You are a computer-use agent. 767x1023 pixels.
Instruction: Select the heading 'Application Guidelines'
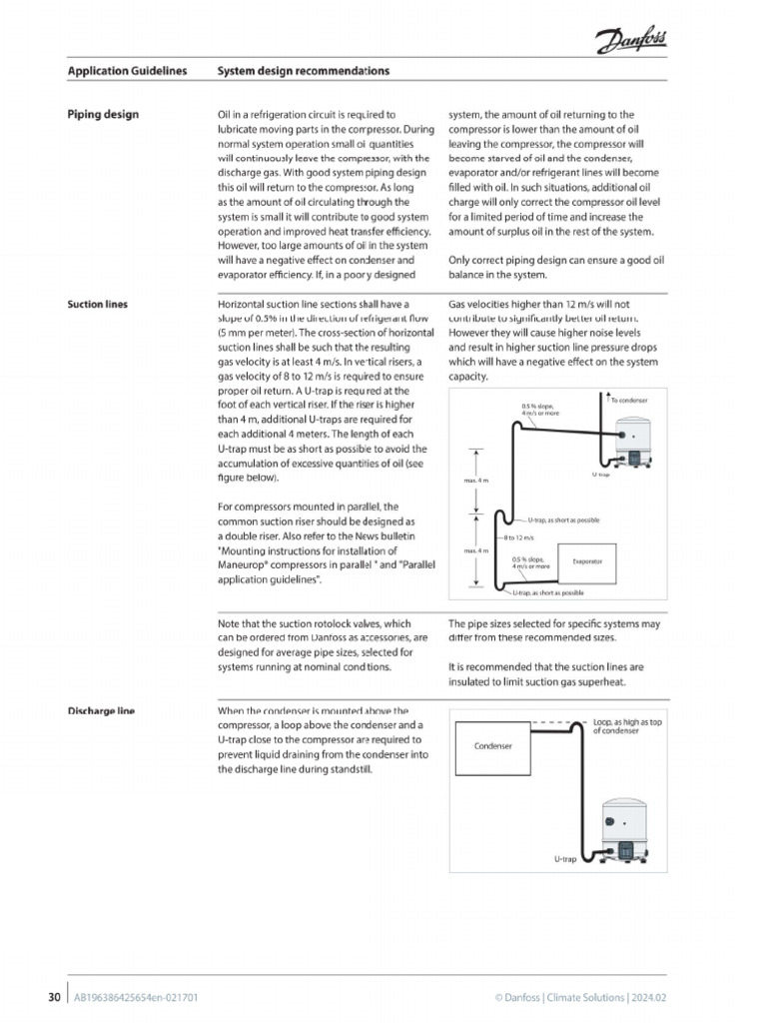[x=127, y=72]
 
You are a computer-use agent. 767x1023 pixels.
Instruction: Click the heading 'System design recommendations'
[x=303, y=72]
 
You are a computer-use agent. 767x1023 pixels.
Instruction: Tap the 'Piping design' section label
[x=103, y=115]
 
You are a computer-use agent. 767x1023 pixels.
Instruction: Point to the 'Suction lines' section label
[x=97, y=304]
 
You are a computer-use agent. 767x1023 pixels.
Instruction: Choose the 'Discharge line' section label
[x=101, y=711]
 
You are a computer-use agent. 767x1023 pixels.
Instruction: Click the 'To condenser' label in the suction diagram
[x=629, y=400]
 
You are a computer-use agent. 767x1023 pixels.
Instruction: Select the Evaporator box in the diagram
[x=586, y=561]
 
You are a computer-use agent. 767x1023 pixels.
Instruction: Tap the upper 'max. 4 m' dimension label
[x=474, y=481]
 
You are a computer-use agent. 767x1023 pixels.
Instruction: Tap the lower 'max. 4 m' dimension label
[x=474, y=550]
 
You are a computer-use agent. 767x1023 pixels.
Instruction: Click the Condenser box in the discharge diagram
[x=492, y=746]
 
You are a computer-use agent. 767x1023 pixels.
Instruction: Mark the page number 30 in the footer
[x=55, y=997]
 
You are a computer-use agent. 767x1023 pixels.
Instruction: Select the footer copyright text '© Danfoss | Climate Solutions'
[x=580, y=997]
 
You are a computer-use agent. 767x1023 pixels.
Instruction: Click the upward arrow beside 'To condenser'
[x=603, y=401]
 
